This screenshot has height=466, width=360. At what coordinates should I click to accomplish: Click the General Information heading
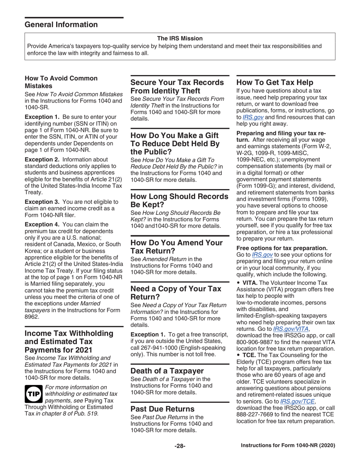[x=61, y=25]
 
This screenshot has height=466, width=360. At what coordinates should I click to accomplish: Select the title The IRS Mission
[x=180, y=38]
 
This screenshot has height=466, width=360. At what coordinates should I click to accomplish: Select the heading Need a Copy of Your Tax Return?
[x=176, y=283]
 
